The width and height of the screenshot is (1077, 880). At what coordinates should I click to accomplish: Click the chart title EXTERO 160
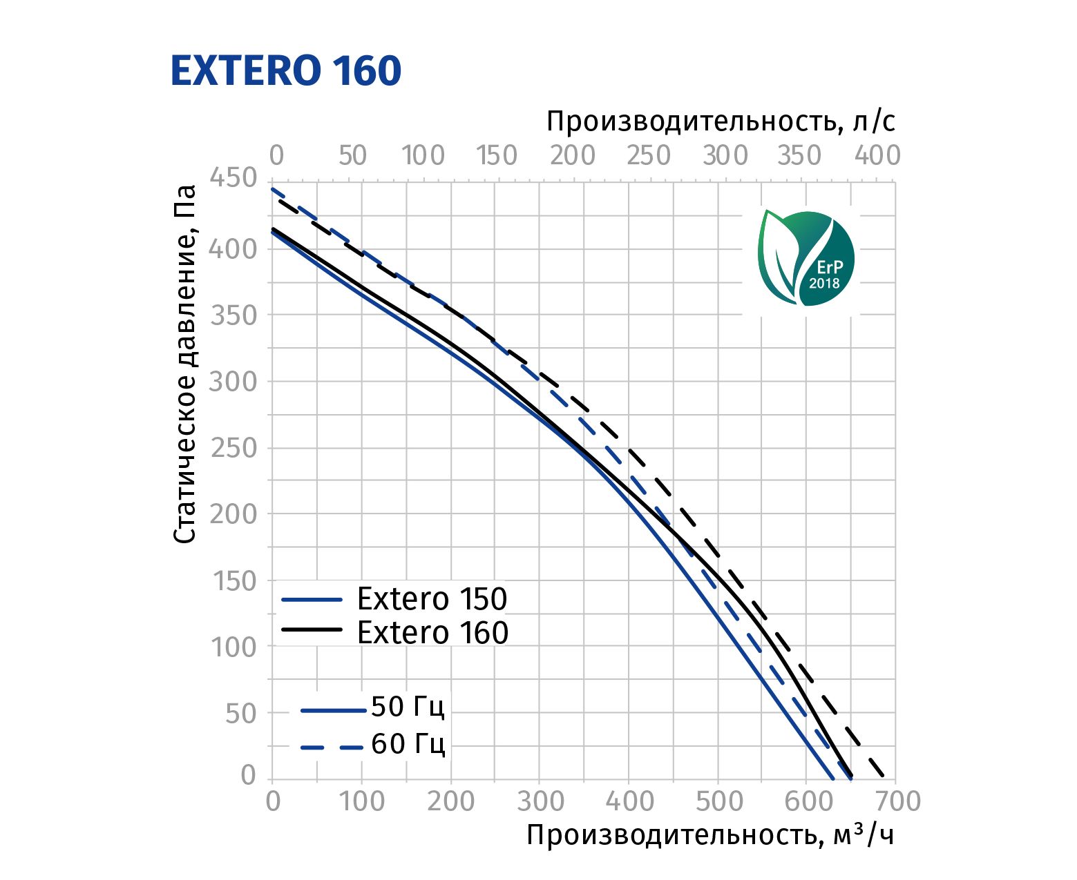[285, 71]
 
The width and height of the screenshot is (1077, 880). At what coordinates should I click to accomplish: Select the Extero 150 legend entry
[432, 599]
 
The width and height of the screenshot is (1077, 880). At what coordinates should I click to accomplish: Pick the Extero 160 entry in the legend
[432, 632]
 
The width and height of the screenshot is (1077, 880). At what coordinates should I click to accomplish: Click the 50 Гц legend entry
[408, 707]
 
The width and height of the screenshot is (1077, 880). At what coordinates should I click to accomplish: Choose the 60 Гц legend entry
[408, 744]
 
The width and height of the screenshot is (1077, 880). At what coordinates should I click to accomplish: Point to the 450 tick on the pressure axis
[233, 179]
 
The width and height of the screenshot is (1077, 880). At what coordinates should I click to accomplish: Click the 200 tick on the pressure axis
[233, 514]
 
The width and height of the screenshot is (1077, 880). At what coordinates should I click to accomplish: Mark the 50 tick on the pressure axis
[240, 714]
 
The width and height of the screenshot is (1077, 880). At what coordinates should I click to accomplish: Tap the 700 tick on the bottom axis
[897, 802]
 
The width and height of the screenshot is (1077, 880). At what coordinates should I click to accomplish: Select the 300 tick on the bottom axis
[540, 802]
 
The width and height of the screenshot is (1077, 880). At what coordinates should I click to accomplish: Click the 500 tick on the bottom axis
[718, 802]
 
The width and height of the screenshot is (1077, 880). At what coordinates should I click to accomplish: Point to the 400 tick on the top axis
[877, 156]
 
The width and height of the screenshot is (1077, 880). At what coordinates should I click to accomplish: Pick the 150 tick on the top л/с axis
[496, 156]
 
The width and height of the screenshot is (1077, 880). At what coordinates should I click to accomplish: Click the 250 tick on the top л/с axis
[648, 156]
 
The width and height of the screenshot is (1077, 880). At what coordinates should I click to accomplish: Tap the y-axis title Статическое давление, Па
[185, 364]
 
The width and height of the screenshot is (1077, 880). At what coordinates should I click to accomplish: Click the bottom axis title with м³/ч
[710, 836]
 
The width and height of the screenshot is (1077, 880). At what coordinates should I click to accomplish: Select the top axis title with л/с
[721, 122]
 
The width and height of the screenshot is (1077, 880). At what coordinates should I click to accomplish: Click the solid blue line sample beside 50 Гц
[333, 710]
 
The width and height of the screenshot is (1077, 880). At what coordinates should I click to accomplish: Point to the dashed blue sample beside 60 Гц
[333, 746]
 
